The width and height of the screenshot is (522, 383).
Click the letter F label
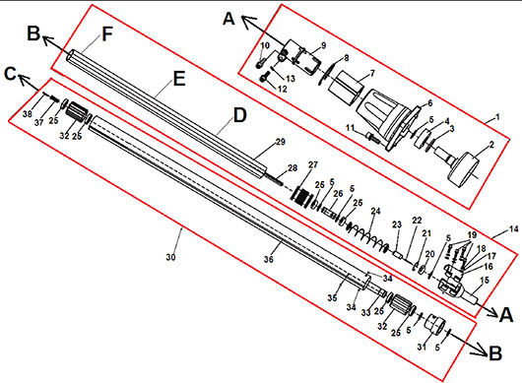[x=107, y=34]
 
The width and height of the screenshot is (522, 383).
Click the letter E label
[x=179, y=79]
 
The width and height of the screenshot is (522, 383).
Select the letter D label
[x=239, y=115]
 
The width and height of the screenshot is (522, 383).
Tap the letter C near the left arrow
[x=10, y=74]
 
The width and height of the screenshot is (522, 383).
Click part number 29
[x=281, y=142]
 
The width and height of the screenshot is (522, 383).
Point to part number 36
[x=269, y=259]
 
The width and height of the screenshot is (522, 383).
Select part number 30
[x=170, y=257]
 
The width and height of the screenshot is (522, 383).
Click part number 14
[x=514, y=229]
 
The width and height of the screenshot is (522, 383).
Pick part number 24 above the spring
[x=375, y=211]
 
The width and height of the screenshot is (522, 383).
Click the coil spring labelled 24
[x=367, y=236]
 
